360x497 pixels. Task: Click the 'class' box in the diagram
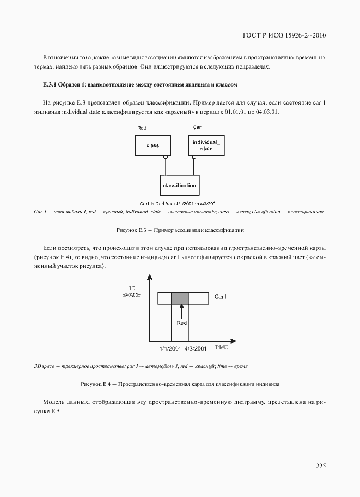tap(152, 145)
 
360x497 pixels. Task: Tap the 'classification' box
tap(179, 186)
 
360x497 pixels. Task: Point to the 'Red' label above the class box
tap(142, 127)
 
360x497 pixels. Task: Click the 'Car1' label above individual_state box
tap(198, 127)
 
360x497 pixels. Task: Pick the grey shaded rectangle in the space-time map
tap(180, 298)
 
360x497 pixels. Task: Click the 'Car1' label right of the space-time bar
tap(221, 297)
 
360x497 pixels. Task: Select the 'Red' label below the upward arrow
tap(181, 323)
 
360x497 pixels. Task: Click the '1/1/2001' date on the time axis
tap(170, 348)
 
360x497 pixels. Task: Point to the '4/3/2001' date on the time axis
tap(196, 348)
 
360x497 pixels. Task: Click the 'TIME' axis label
tap(221, 347)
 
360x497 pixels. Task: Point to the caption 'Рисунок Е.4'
tap(96, 384)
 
